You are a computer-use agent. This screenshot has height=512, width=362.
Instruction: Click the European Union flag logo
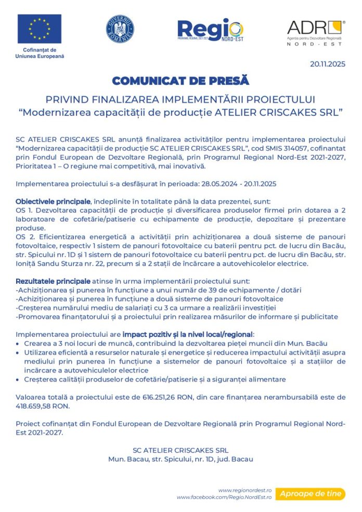(x=40, y=29)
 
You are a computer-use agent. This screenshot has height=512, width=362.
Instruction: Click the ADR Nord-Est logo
(x=315, y=33)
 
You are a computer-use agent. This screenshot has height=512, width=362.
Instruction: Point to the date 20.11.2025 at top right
(x=328, y=64)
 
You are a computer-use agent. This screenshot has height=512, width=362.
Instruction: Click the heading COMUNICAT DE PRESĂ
(x=180, y=81)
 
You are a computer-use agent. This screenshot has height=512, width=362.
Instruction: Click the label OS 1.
(x=24, y=210)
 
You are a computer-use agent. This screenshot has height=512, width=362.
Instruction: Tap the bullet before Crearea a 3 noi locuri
(x=19, y=344)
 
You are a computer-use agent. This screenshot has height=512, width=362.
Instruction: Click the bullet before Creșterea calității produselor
(x=19, y=379)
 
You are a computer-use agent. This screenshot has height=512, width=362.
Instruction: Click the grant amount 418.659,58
(x=33, y=406)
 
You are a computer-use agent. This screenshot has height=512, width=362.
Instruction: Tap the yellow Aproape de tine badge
(x=310, y=494)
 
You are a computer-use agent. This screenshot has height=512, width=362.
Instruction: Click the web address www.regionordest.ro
(x=245, y=490)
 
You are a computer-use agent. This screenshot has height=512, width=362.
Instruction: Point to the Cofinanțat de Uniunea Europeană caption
(x=40, y=52)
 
